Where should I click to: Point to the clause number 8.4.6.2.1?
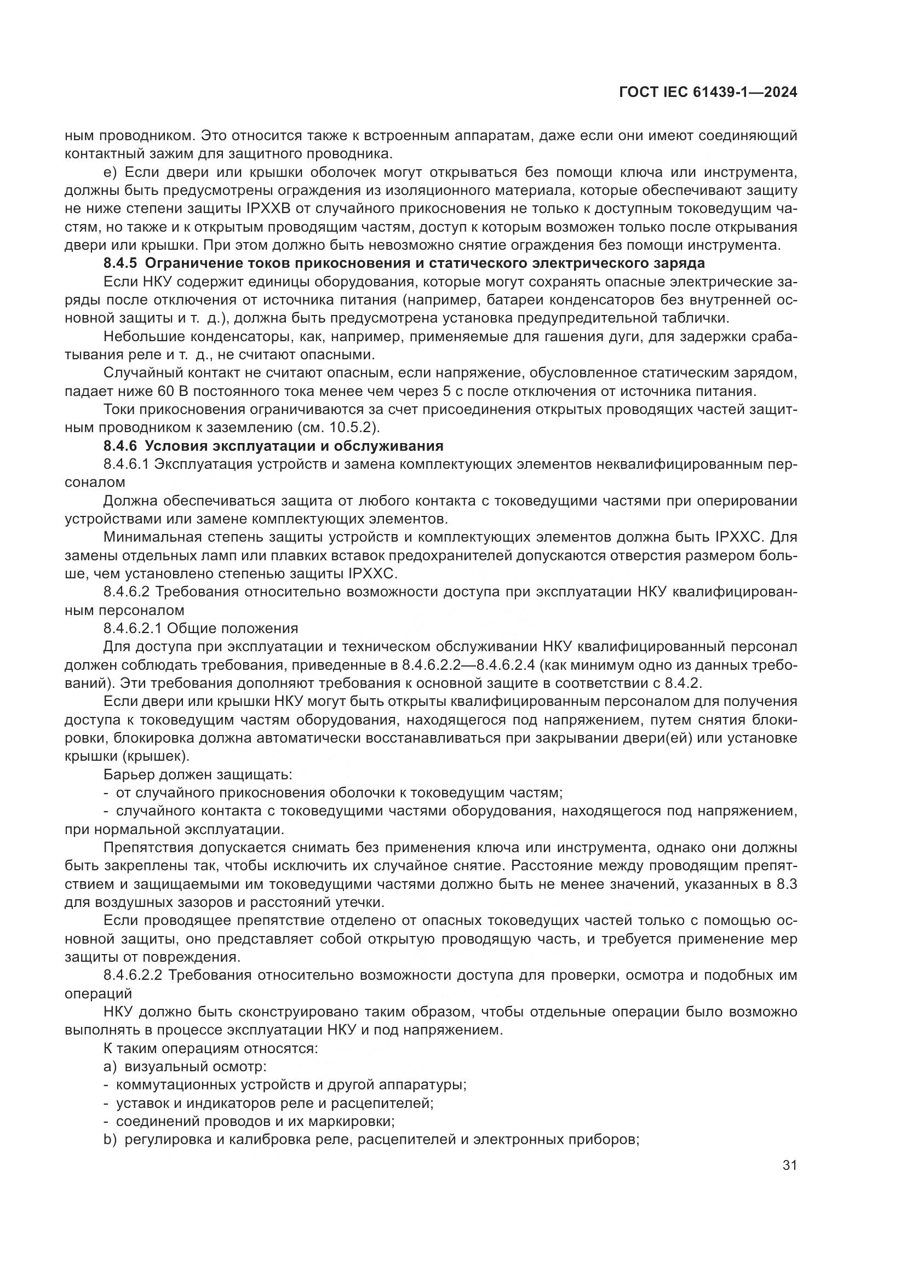[x=133, y=628]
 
